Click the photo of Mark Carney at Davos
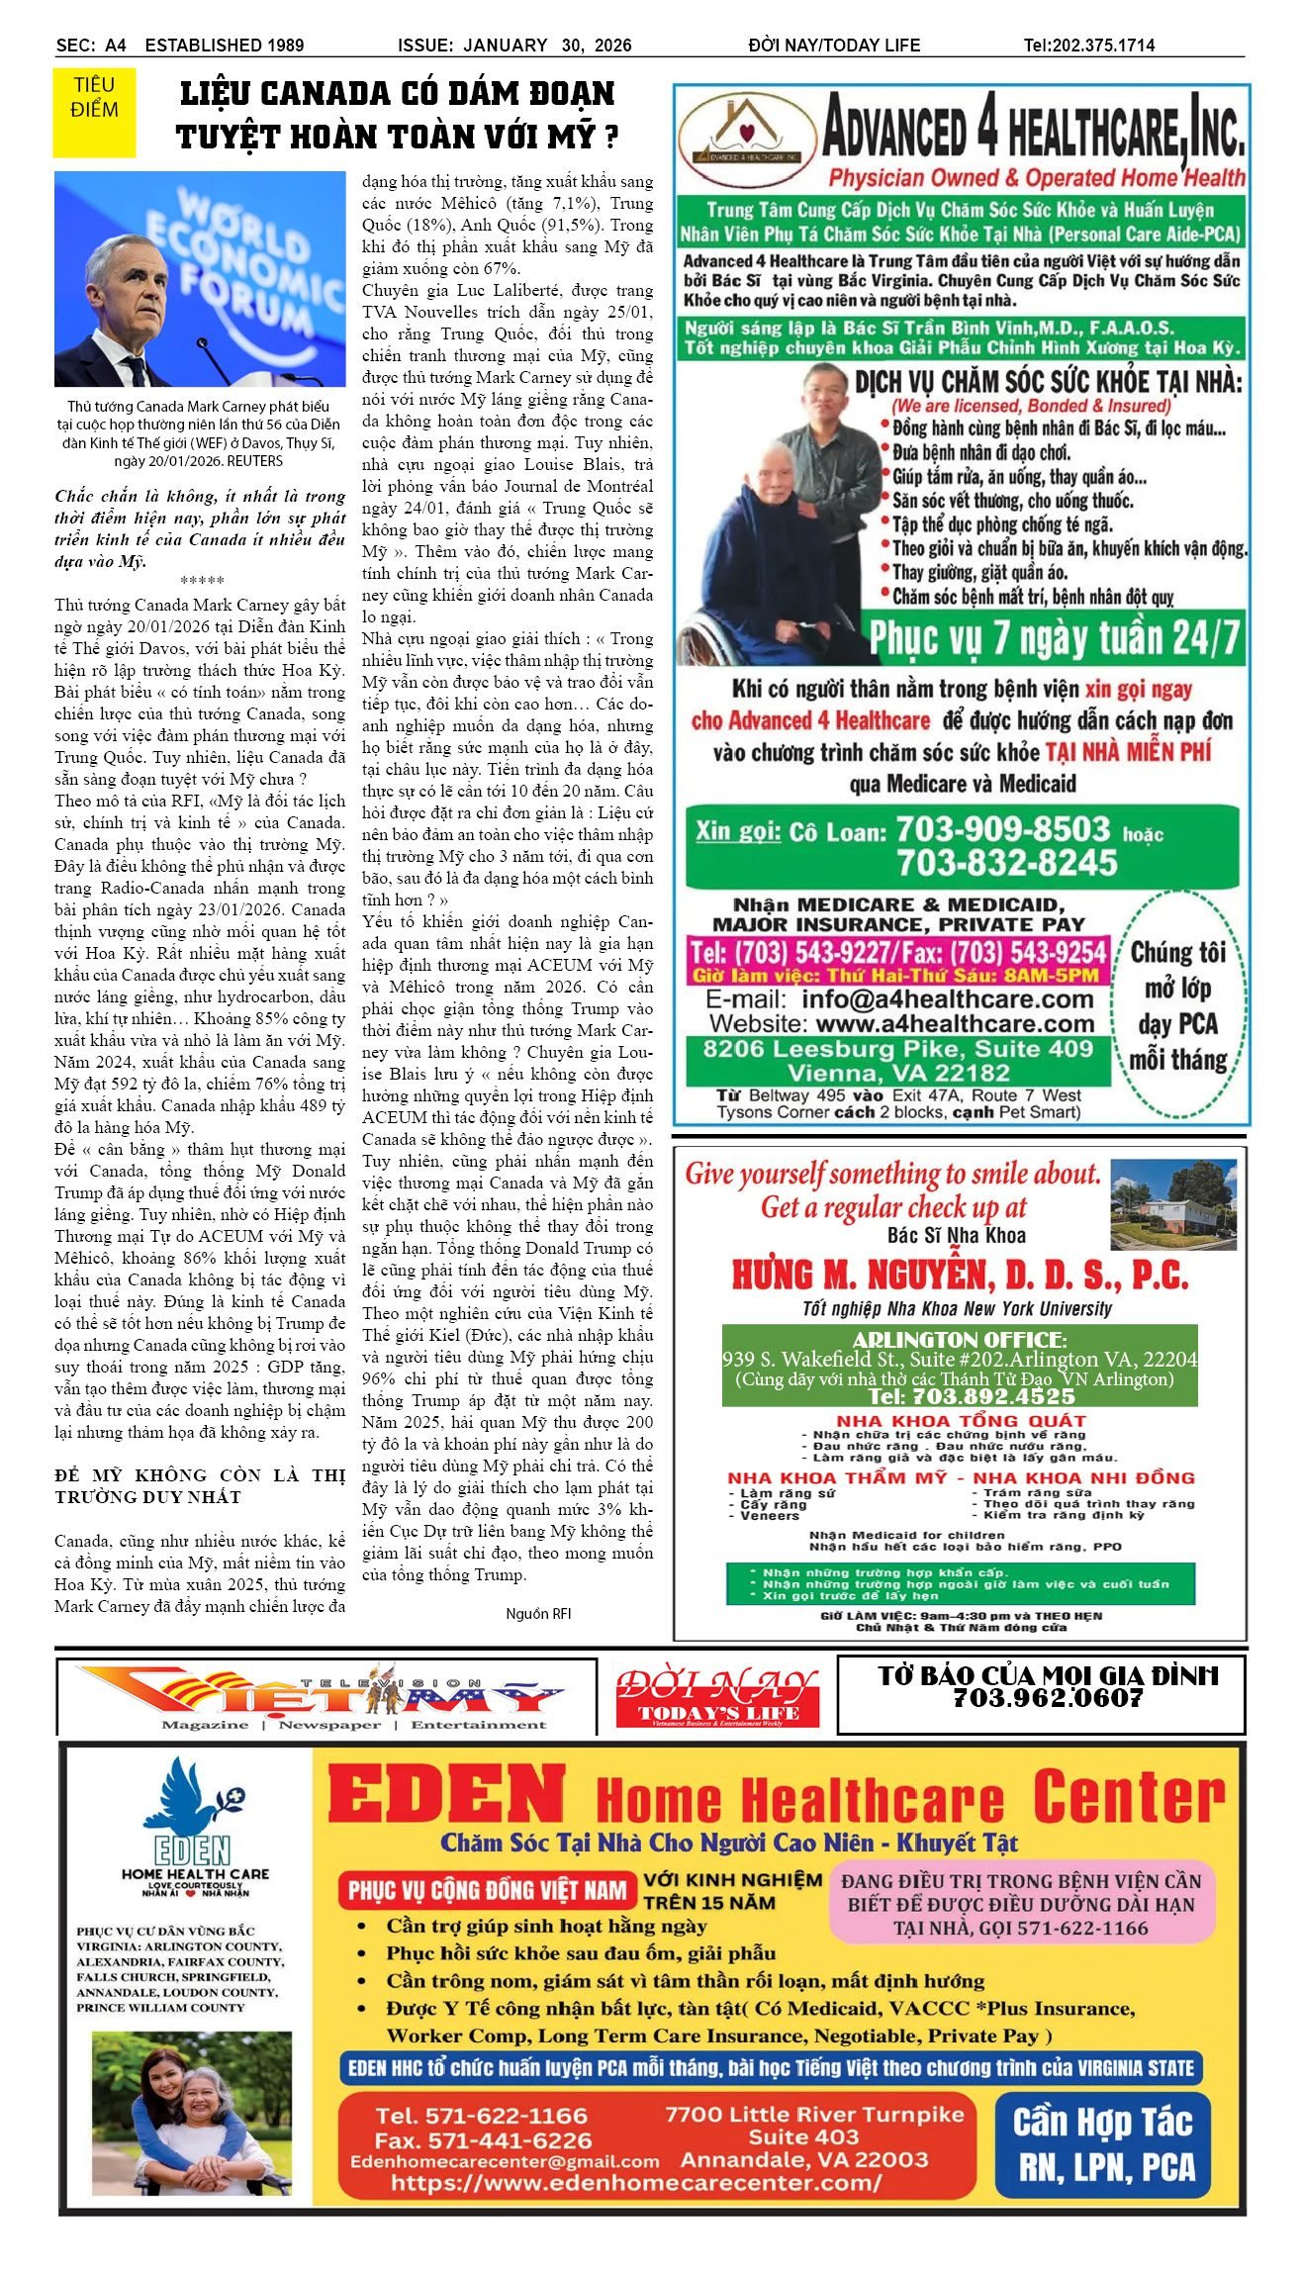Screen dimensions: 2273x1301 click(x=200, y=279)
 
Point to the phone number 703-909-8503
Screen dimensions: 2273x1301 click(x=1002, y=829)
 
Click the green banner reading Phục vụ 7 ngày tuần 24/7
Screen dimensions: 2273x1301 click(x=1054, y=638)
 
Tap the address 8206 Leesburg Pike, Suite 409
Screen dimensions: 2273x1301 click(x=897, y=1049)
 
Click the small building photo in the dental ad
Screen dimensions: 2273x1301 click(x=1173, y=1204)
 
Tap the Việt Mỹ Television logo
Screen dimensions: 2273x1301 click(x=326, y=1696)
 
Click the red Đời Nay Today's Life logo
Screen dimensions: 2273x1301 click(x=717, y=1698)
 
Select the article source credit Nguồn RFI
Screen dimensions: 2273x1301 click(x=538, y=1614)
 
